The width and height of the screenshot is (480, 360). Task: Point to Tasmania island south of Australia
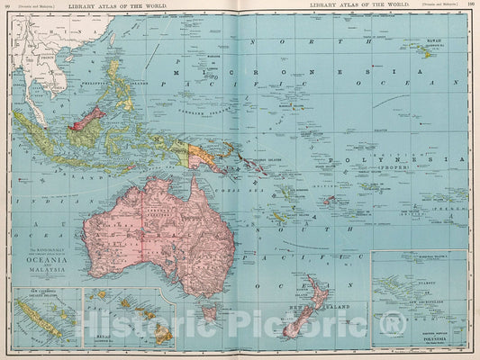[209, 312]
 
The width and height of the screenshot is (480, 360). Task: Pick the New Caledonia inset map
[43, 315]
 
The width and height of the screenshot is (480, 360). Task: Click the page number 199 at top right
[470, 5]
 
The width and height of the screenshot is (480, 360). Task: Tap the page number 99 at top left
[7, 5]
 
